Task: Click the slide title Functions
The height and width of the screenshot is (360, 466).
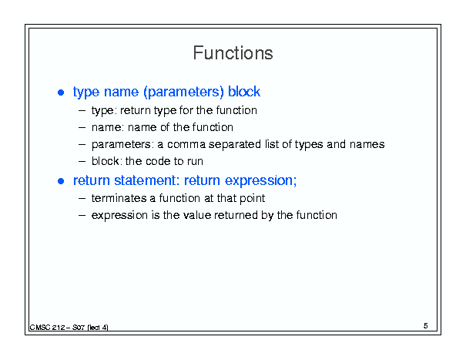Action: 233,53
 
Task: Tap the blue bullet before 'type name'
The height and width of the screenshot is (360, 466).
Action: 61,93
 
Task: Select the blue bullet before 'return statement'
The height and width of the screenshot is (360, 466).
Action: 61,181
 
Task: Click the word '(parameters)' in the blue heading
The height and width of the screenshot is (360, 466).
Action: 183,93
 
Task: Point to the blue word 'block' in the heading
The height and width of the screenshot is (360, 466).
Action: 244,91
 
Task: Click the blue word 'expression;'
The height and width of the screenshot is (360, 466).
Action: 260,181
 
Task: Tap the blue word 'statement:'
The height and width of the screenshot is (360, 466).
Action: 147,180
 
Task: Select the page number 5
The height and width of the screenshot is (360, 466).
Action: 426,326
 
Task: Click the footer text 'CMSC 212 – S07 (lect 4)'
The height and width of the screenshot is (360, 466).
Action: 69,328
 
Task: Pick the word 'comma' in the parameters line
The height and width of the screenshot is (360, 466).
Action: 186,144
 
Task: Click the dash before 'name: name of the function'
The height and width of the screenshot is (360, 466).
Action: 82,128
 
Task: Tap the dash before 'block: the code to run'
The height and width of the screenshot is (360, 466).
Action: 82,162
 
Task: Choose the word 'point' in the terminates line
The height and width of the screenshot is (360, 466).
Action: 252,199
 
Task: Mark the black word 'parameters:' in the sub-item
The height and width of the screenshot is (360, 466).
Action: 122,145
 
